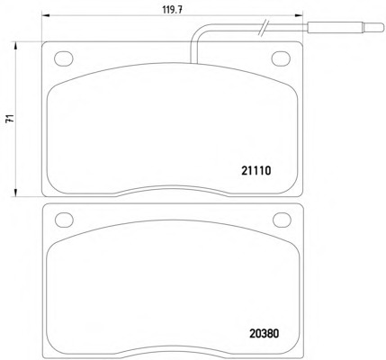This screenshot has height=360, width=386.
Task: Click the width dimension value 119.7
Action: [x=173, y=9]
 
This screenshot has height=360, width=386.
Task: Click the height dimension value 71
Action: [x=11, y=119]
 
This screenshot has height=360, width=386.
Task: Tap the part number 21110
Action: [x=256, y=171]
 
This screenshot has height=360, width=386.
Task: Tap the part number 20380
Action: [x=264, y=334]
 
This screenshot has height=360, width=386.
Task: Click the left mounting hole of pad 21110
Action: [x=64, y=58]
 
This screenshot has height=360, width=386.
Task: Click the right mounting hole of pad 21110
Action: [x=281, y=58]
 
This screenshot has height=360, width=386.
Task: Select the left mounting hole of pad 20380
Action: [x=64, y=220]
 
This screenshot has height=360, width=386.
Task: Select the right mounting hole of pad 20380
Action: [x=283, y=220]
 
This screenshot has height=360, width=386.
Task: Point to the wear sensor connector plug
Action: [x=346, y=28]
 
